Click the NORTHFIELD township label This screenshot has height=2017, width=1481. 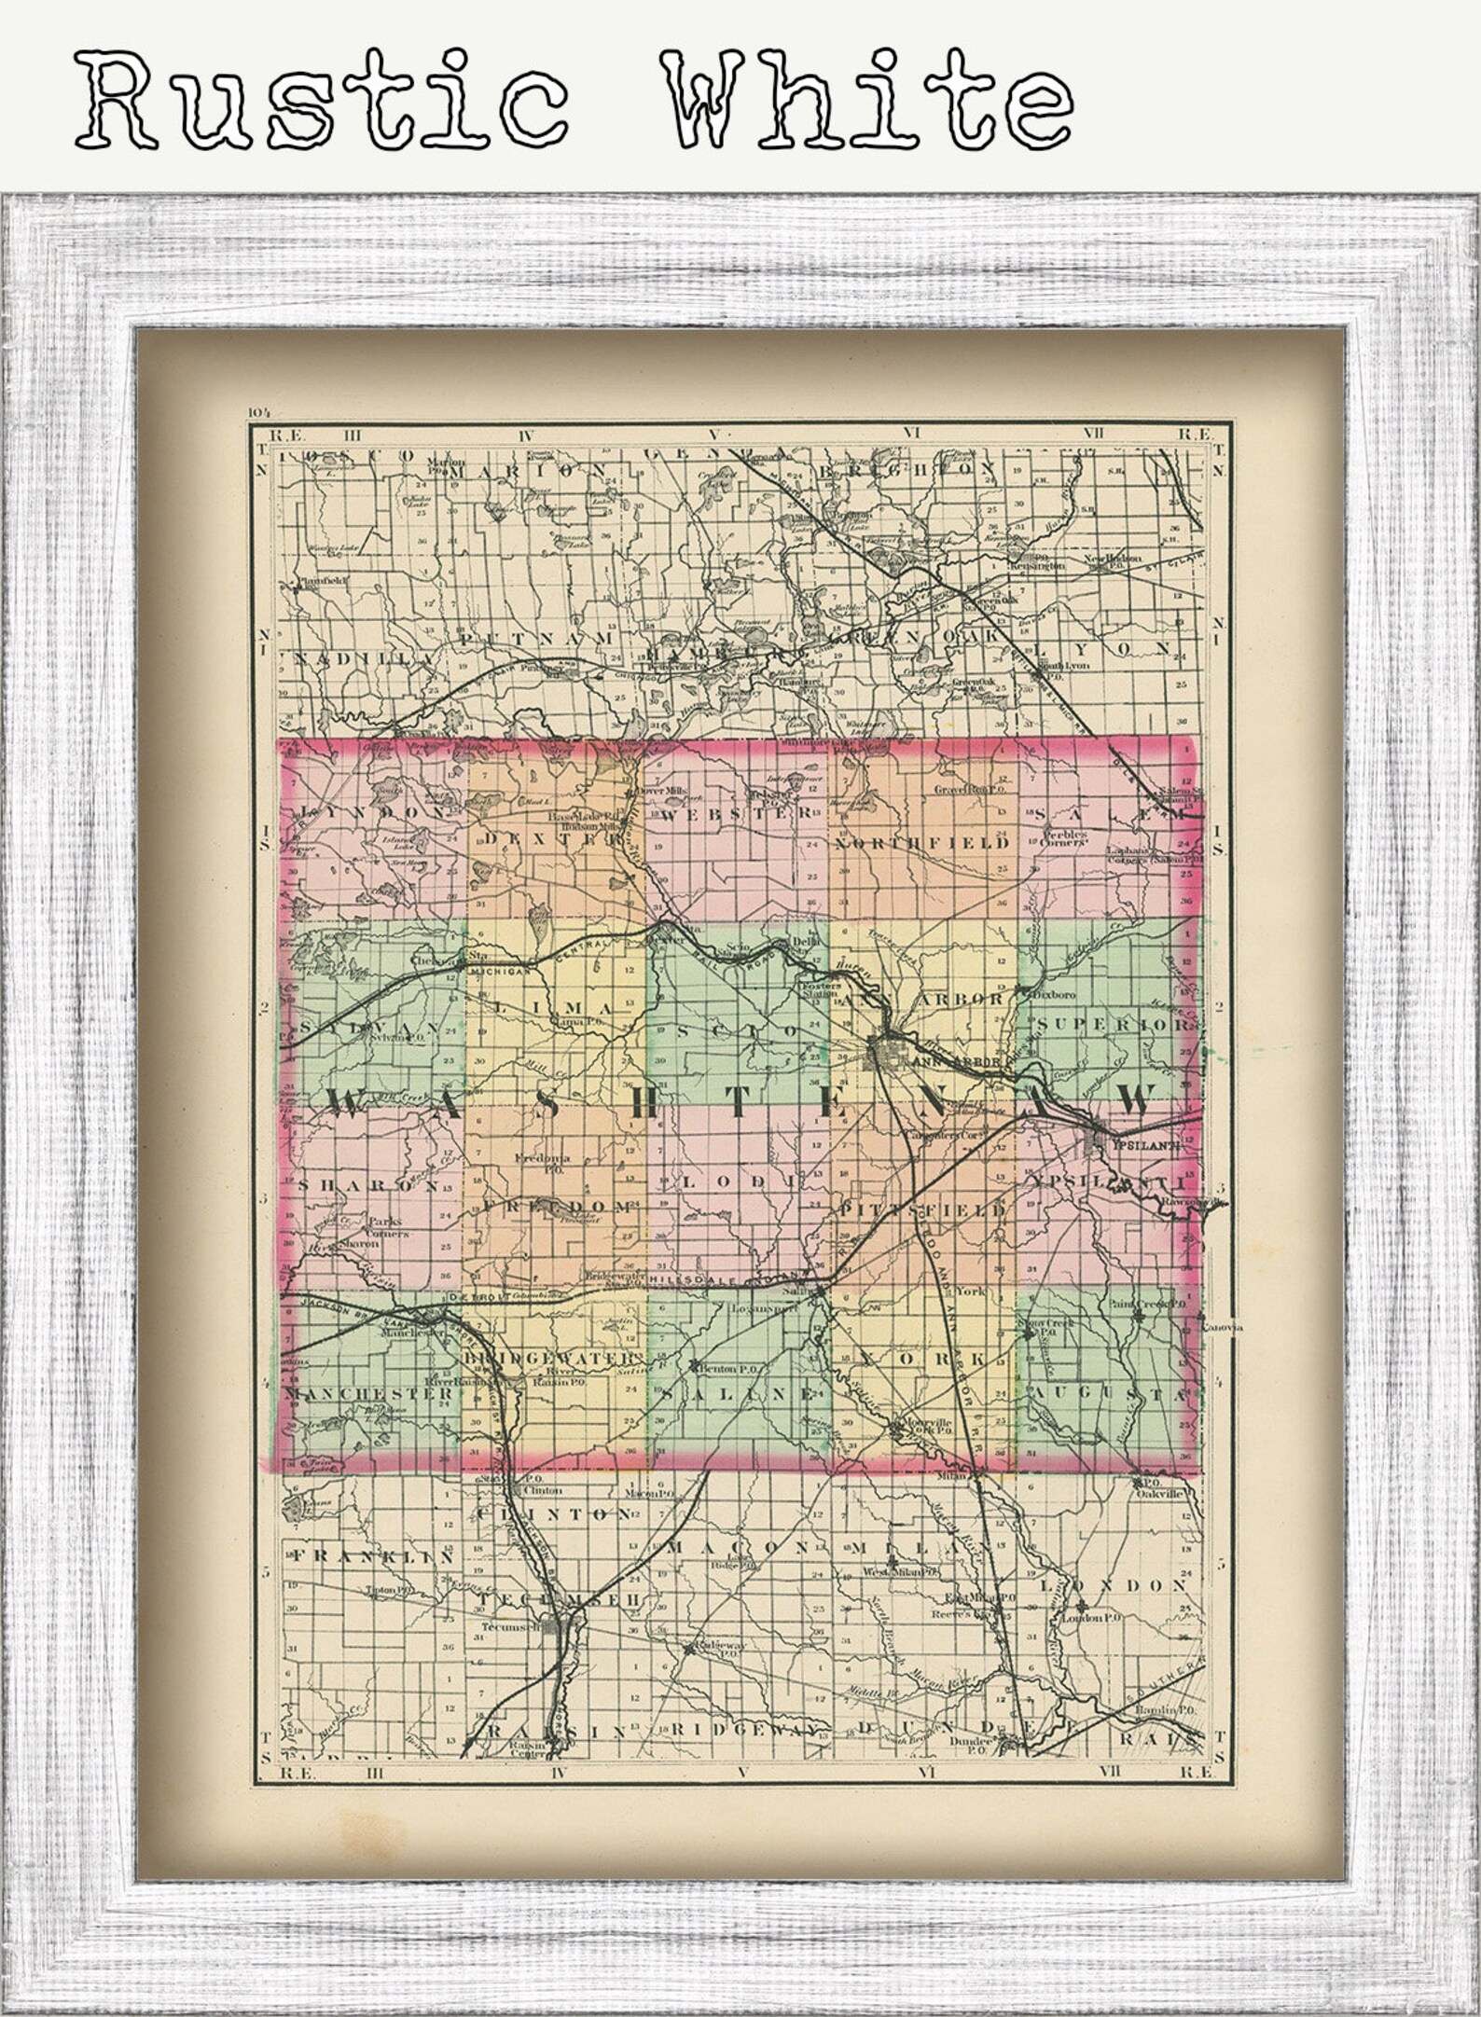pyautogui.click(x=921, y=844)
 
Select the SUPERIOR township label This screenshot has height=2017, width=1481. pyautogui.click(x=1109, y=1026)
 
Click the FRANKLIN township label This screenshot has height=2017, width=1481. pyautogui.click(x=371, y=1556)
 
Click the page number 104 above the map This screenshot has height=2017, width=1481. pyautogui.click(x=257, y=412)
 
